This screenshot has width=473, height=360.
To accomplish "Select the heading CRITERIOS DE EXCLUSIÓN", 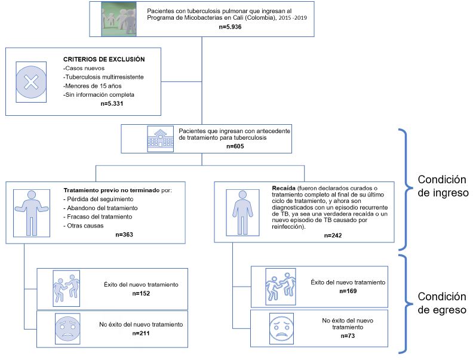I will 104,60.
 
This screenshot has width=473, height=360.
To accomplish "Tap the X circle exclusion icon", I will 30,82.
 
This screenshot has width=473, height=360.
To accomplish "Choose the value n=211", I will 140,333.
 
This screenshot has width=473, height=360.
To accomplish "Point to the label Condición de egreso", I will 441,303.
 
